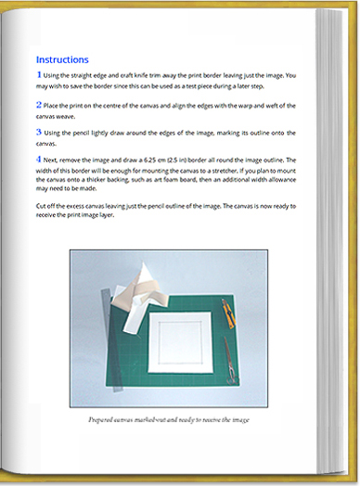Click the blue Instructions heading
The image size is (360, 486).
pos(62,58)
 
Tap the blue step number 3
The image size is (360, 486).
pos(38,133)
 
